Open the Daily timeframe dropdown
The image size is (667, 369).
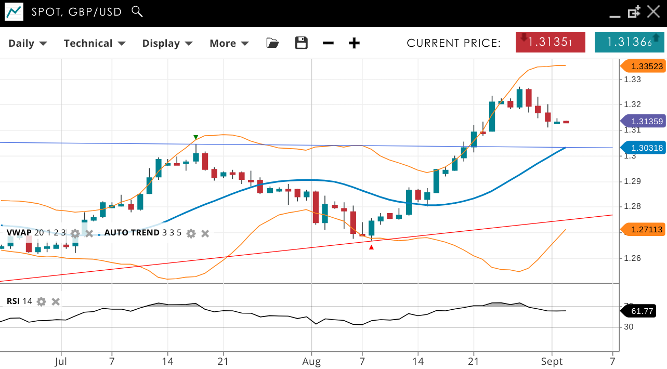coord(28,43)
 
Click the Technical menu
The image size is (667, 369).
coord(94,43)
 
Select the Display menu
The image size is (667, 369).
coord(167,43)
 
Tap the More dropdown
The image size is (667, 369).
coord(229,43)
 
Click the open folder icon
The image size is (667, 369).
coord(272,43)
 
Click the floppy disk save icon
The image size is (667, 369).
coord(302,43)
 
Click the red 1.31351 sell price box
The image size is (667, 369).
coord(550,42)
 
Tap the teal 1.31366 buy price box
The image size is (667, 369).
coord(629,42)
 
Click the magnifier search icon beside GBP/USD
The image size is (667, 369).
coord(137,11)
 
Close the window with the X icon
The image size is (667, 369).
coord(653,11)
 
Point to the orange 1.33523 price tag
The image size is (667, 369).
coord(644,66)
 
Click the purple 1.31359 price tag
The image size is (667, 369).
coord(644,121)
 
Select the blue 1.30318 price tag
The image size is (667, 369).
coord(644,148)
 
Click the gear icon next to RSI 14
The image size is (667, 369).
coord(42,301)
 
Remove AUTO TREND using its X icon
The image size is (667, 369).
coord(205,233)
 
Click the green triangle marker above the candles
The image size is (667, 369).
coord(195,137)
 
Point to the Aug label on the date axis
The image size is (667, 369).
coord(311,361)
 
